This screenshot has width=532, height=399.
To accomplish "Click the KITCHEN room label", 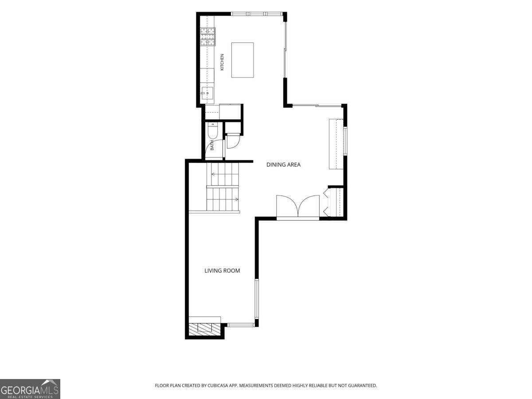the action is [222, 62].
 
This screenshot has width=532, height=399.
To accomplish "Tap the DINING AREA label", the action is [283, 165].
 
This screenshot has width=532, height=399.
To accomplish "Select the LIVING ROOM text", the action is [222, 270].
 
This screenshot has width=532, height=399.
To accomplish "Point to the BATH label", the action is [212, 145].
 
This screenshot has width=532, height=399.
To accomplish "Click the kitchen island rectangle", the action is [243, 60].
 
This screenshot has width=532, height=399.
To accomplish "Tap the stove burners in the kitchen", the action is [208, 37].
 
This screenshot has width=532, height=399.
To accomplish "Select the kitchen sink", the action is [207, 93].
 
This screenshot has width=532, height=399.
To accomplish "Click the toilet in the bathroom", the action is [212, 131].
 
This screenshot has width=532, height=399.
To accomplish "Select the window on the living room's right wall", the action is [257, 299].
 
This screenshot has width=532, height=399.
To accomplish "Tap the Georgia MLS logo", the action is [30, 389].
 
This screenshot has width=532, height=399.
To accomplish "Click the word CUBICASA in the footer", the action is [218, 385].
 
